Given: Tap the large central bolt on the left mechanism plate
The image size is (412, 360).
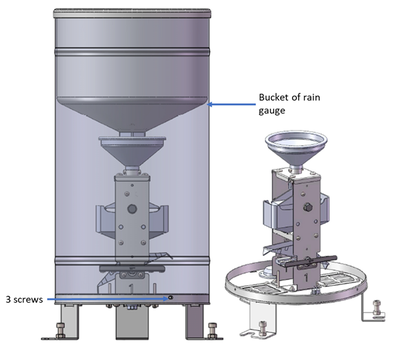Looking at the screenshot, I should point(131,210).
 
